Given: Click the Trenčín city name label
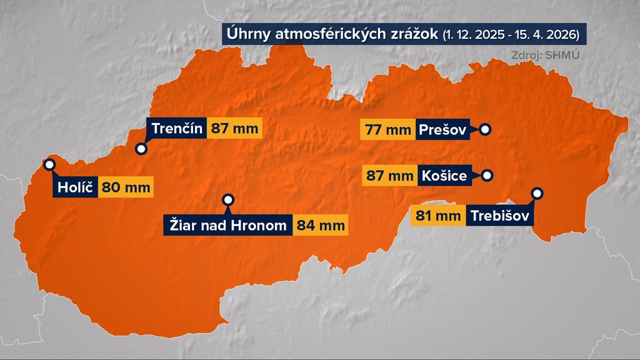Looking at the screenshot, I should click(177, 129).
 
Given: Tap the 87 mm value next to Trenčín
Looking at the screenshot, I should click(232, 129).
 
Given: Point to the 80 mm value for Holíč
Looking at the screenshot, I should click(126, 187).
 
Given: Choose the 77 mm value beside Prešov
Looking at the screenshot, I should click(386, 130).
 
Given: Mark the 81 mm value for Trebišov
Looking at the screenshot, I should click(437, 217).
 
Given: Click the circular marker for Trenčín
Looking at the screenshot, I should click(141, 149).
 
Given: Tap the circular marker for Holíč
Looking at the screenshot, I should click(49, 164).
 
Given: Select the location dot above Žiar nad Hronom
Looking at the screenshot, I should click(228, 200).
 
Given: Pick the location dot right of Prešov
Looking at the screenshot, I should click(484, 130).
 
